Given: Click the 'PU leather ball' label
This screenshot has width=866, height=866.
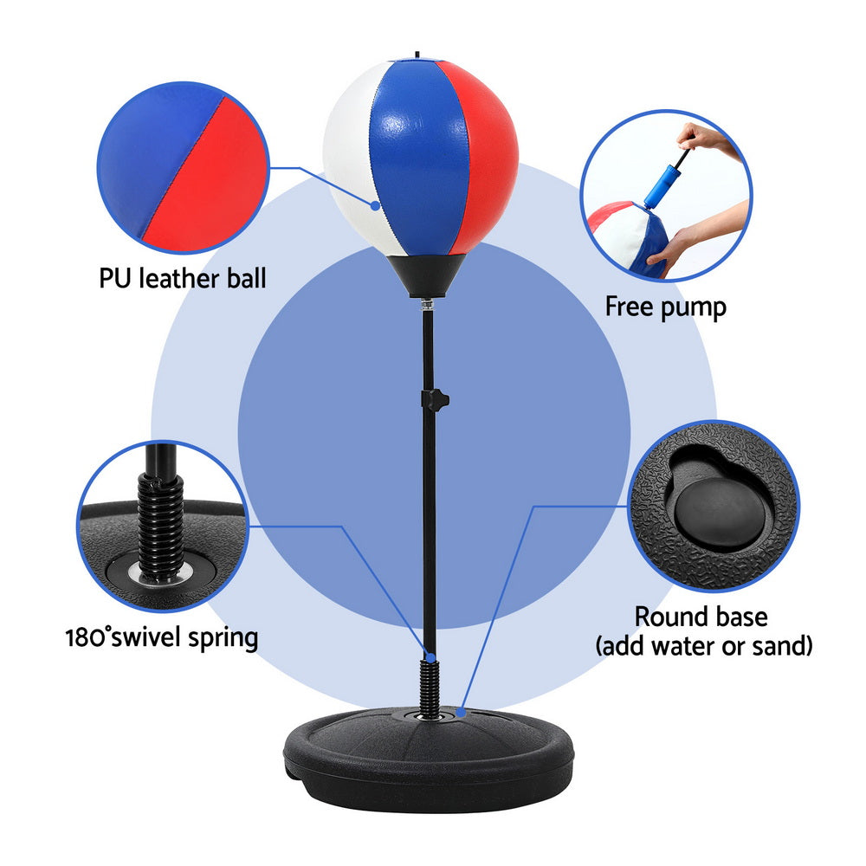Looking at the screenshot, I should (182, 278).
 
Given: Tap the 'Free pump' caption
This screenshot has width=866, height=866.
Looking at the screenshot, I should (665, 307).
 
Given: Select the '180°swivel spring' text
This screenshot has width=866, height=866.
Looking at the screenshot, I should (162, 638).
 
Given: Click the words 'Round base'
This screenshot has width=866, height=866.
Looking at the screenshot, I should (701, 617).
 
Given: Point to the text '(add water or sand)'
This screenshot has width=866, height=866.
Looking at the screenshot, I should (702, 645).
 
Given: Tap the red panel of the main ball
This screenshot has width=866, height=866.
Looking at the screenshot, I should (481, 156).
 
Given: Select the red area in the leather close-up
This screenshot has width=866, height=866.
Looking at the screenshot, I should (208, 182).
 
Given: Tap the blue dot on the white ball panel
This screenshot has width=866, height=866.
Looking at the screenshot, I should (376, 206).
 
